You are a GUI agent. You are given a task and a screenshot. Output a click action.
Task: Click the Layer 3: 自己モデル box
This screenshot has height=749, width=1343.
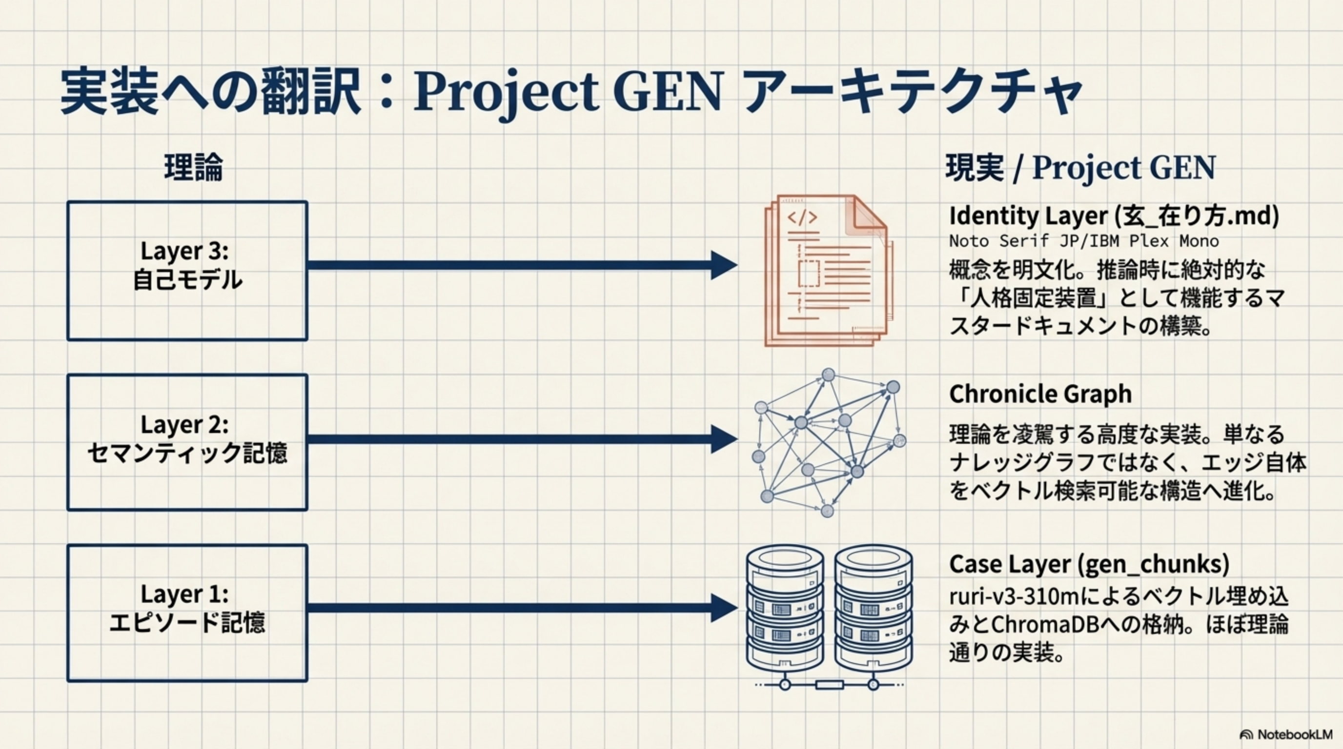click(187, 271)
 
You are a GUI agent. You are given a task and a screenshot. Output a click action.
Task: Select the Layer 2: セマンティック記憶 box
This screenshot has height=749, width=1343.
click(187, 442)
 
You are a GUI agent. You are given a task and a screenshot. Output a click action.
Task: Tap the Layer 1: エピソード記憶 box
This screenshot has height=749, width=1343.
click(187, 613)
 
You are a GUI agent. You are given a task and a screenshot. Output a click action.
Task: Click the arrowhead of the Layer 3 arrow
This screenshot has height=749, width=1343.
click(724, 265)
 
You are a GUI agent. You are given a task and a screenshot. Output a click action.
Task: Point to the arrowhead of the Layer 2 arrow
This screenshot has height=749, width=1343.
click(724, 438)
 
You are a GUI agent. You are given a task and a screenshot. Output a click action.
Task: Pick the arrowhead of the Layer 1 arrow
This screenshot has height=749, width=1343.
click(724, 608)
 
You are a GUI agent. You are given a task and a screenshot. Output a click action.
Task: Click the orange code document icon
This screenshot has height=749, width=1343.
click(826, 270)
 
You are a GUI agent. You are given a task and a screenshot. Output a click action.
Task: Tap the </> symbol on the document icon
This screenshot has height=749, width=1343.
click(802, 217)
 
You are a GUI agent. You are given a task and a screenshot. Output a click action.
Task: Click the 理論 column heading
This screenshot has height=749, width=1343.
click(193, 168)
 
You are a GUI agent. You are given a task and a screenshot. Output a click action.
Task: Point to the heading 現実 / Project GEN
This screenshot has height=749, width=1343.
click(1080, 168)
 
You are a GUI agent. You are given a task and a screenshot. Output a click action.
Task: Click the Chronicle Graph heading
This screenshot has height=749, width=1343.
click(1040, 394)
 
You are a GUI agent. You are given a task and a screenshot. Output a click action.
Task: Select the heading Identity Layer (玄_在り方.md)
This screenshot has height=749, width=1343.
click(1114, 216)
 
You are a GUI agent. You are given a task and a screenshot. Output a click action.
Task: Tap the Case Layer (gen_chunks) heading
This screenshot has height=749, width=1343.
click(1089, 564)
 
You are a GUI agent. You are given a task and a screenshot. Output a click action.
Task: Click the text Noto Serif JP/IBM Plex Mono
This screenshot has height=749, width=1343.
click(1083, 241)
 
